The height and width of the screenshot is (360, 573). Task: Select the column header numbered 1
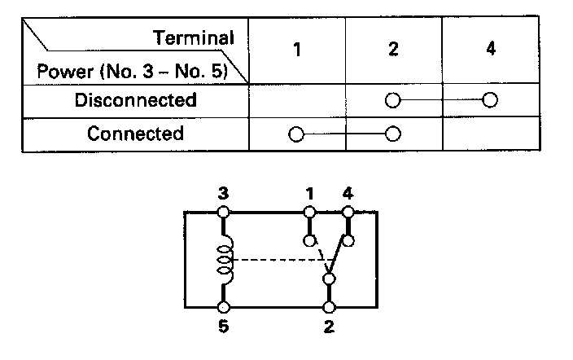pos(297,49)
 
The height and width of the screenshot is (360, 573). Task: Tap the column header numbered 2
pos(394,49)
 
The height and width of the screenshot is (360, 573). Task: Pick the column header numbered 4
pos(490,49)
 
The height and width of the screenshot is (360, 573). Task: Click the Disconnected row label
pos(136,101)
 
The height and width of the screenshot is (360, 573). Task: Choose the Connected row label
pos(136,134)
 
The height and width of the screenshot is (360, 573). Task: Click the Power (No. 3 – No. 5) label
pos(132,72)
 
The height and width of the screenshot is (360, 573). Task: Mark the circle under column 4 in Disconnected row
pos(490,101)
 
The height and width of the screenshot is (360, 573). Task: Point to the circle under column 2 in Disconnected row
pos(394,101)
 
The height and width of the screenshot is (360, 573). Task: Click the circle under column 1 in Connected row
pos(297,134)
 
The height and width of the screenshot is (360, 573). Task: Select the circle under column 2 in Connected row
pos(394,134)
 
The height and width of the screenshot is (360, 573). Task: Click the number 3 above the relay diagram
pos(223,195)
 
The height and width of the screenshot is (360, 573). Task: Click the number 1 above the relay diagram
pos(310,195)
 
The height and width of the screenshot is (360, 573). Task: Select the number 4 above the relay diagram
pos(348,195)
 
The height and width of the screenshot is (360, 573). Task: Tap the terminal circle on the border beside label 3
pos(223,213)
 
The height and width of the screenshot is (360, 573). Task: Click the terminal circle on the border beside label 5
pos(223,308)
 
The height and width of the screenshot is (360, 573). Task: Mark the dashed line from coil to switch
pos(277,261)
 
